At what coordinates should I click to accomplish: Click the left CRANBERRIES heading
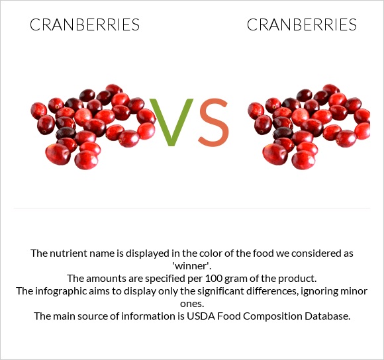coord(85,25)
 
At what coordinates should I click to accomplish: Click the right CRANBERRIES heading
coord(302,25)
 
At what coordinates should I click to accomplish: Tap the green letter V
coord(171,123)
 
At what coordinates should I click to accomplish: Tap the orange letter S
coord(213,123)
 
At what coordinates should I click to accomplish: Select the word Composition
coord(271,316)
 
